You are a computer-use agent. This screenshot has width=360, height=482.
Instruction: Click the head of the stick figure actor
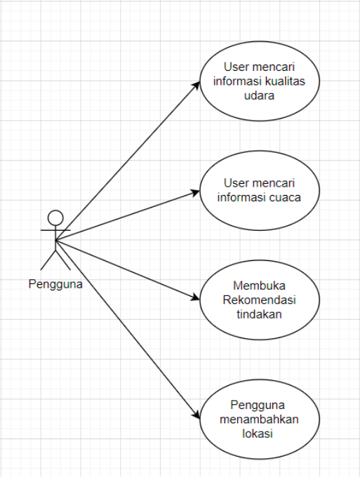(55, 217)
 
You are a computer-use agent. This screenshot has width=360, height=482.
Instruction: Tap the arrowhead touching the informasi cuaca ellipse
(196, 190)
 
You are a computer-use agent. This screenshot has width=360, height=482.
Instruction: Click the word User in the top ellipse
(236, 67)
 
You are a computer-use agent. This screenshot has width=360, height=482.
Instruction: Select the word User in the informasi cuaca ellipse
(236, 183)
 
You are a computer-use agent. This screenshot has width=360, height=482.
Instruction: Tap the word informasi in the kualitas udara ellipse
(238, 81)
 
